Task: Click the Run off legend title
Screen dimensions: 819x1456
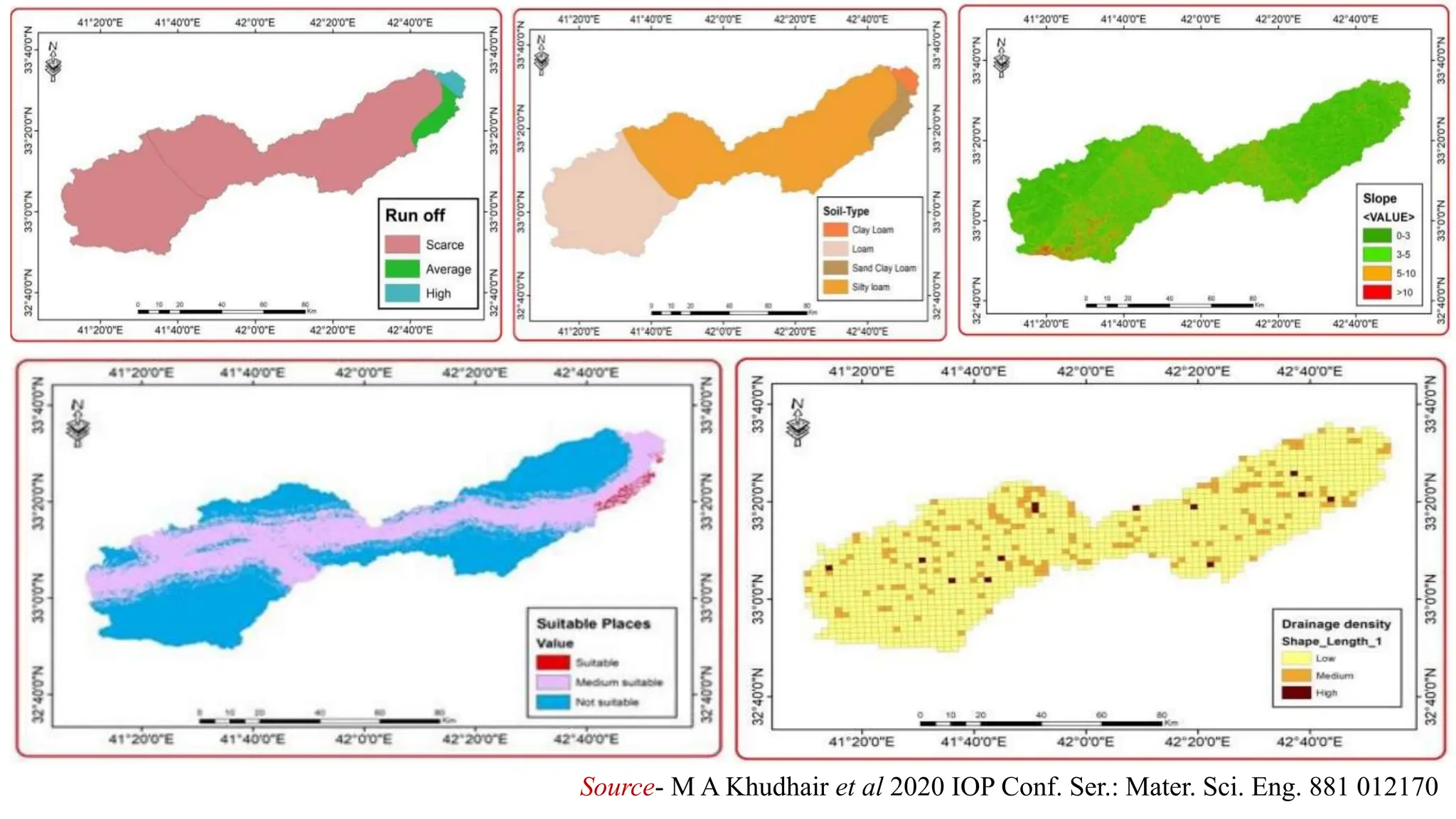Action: pos(414,215)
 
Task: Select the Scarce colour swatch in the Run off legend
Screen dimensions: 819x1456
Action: pos(402,245)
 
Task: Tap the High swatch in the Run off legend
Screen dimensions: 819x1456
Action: pos(402,293)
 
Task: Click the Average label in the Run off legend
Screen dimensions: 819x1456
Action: pos(448,269)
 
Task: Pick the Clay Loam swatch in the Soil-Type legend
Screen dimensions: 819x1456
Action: pos(835,230)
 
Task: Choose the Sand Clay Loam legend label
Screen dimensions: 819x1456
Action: pos(884,268)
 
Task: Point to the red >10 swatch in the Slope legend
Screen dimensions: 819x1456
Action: pos(1376,292)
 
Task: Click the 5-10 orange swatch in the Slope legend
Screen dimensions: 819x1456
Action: pos(1376,273)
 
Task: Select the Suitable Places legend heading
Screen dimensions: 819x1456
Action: pos(593,623)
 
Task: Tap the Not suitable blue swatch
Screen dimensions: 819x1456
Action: pos(552,702)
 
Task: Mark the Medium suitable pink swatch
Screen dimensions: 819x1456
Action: pos(552,682)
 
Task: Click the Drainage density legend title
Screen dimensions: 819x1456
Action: pos(1336,624)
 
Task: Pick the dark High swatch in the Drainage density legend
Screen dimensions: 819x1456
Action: pos(1296,692)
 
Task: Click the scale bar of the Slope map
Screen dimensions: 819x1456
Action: pos(1169,305)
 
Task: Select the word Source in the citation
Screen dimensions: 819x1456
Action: pos(616,787)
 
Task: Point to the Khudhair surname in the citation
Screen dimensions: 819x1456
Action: pos(777,787)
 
